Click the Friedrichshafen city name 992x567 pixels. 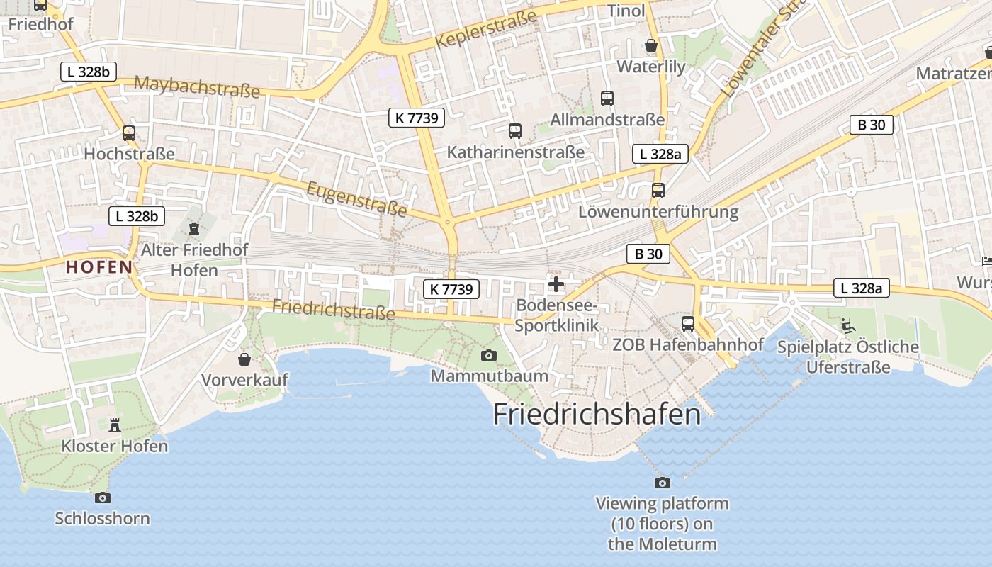coord(597,414)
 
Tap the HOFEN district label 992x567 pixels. coord(99,267)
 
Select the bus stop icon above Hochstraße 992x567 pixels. coord(128,133)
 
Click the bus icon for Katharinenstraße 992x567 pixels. coord(515,130)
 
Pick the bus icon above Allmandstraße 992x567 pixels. coord(607,98)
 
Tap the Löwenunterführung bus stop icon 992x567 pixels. coord(658,190)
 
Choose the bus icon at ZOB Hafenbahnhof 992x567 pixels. coord(687,323)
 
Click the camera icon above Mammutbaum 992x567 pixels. coord(489,355)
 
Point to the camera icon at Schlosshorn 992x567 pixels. coord(103,498)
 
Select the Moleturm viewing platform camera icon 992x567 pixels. coord(663,483)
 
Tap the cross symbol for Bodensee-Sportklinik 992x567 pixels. coord(556,285)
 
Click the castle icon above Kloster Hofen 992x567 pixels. coord(115,425)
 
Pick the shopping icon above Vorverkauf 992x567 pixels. coord(244,359)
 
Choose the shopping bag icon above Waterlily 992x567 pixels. coord(651,45)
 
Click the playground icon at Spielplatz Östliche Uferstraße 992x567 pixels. coord(847,325)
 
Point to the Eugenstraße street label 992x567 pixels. coord(357,199)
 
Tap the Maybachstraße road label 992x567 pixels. coord(197,86)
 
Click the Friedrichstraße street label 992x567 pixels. coord(333,310)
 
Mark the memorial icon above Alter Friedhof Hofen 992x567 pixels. coord(194,228)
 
